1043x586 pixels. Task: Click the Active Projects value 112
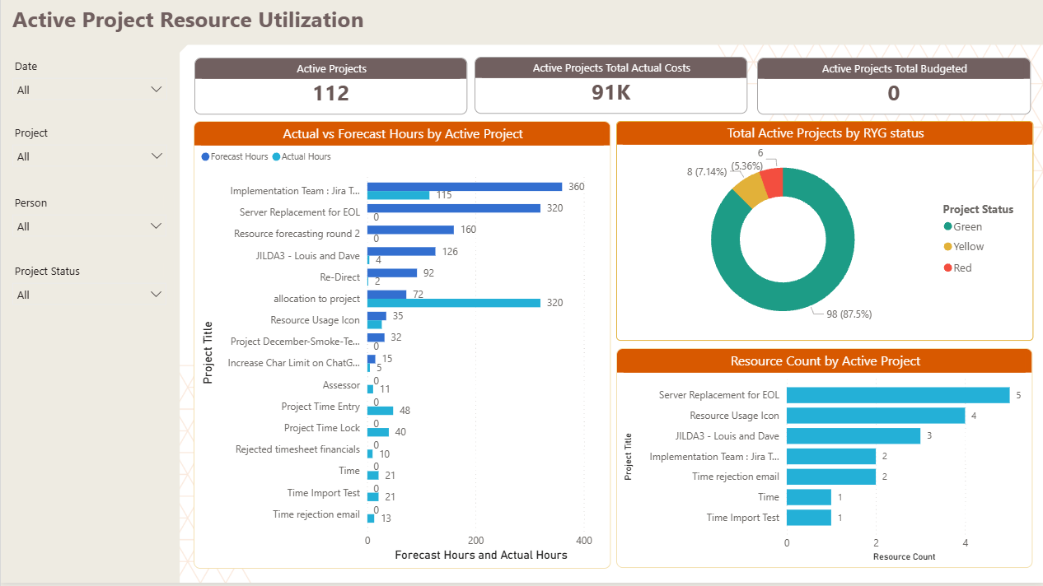tap(331, 94)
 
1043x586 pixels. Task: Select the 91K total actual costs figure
tap(610, 93)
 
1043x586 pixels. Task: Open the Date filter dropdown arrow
tap(157, 89)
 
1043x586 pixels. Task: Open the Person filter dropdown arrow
tap(157, 226)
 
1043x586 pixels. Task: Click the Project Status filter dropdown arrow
tap(157, 294)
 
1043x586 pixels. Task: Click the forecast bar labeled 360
tap(464, 187)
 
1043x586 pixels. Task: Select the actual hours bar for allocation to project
tap(453, 303)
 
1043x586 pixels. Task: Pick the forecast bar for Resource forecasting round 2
tap(410, 230)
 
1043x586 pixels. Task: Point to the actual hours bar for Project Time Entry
tap(380, 410)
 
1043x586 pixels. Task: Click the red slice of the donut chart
tap(772, 181)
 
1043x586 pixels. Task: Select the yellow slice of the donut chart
tap(749, 191)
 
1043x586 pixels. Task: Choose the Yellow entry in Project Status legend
tap(968, 247)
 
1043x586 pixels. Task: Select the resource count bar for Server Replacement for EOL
tap(898, 395)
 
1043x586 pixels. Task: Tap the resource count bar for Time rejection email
tap(830, 477)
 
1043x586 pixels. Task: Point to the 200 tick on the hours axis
tap(475, 541)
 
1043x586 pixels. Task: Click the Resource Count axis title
tap(904, 557)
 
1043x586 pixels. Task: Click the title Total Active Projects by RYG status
tap(825, 133)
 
